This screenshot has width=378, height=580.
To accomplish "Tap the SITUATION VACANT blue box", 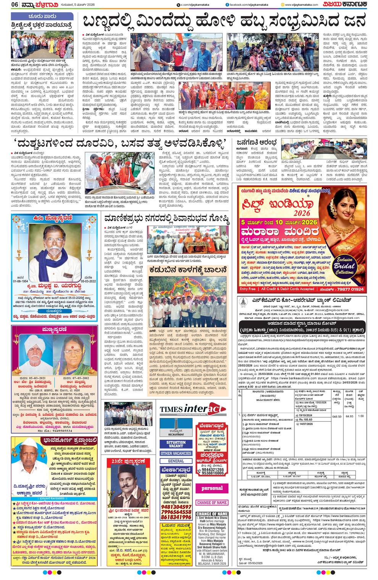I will coord(176,445).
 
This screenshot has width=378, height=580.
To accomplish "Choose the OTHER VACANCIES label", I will coord(176,453).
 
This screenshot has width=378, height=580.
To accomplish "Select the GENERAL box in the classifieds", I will coord(176,461).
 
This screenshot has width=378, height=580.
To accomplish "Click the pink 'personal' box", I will coord(212,488).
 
